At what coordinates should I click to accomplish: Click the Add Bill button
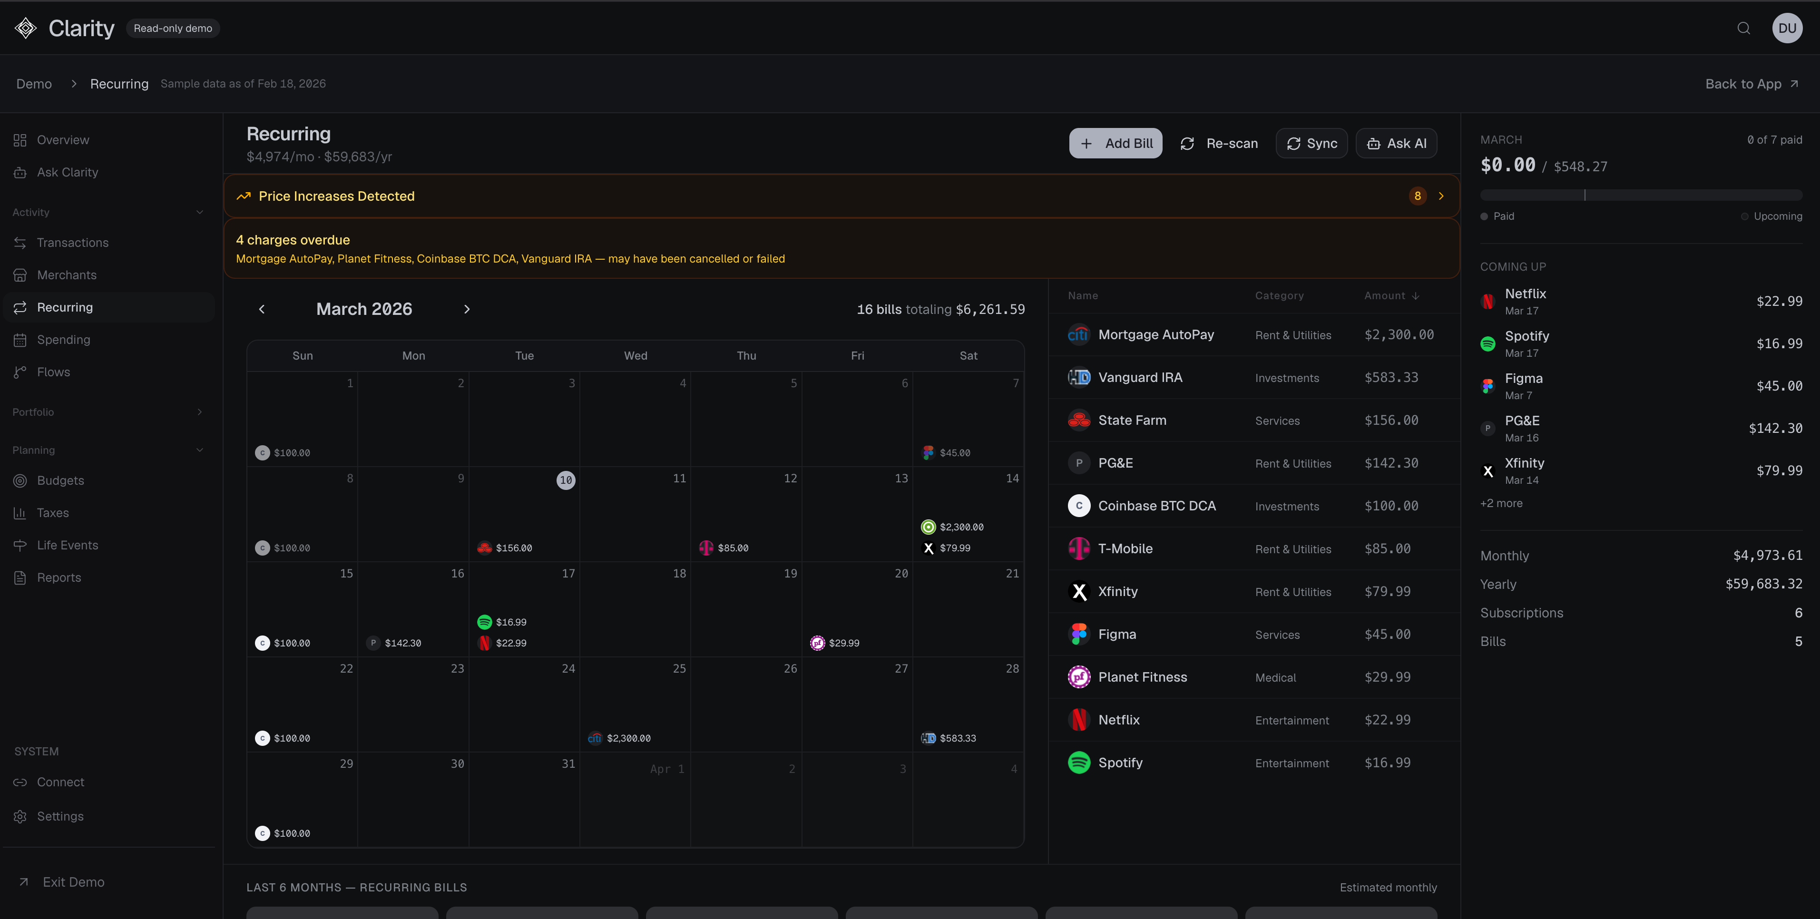(x=1115, y=143)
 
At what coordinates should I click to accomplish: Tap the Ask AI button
(x=1396, y=143)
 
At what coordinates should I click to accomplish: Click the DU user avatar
(x=1787, y=28)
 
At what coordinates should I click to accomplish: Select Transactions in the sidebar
(x=72, y=242)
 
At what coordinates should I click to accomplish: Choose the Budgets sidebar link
(x=60, y=480)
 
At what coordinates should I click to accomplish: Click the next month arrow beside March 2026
(x=466, y=309)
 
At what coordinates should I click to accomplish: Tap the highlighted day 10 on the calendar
(x=566, y=480)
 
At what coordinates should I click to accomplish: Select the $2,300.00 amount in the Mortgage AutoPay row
(x=1399, y=335)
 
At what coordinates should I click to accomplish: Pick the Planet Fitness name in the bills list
(x=1143, y=677)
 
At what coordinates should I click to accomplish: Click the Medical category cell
(x=1275, y=677)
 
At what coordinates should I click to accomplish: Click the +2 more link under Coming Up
(x=1501, y=503)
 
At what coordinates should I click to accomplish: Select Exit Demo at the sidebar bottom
(x=73, y=881)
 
